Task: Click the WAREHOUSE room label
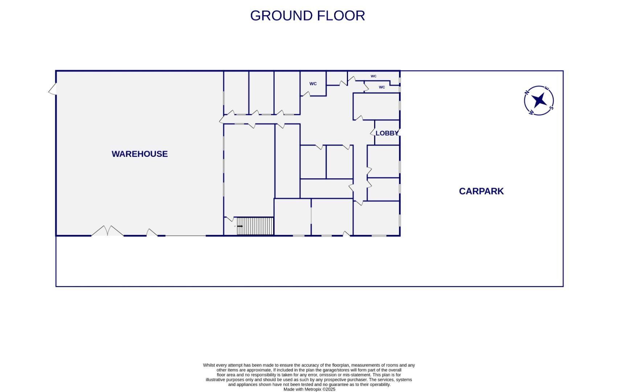140,154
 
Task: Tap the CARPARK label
481,191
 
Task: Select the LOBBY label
387,133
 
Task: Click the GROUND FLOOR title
307,16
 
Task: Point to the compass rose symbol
539,101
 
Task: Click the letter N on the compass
527,93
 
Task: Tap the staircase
255,226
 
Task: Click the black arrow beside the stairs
240,226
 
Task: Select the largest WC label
313,84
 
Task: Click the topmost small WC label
373,76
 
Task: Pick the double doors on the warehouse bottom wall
107,231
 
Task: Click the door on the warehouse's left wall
53,89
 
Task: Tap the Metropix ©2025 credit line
309,389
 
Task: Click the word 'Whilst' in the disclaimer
209,365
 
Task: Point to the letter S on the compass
551,108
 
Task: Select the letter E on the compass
548,89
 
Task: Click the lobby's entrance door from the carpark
399,132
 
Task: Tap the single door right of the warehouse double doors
152,233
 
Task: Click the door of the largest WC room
305,94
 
